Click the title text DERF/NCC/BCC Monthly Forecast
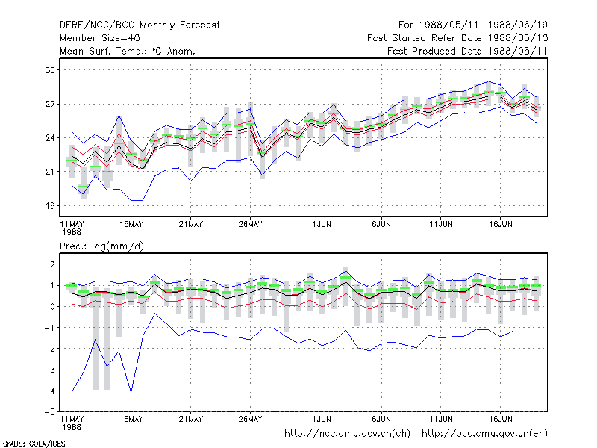(x=140, y=25)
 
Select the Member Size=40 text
(x=100, y=38)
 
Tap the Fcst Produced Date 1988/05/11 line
(x=467, y=51)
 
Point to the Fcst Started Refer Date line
(x=457, y=38)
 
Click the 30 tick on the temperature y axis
(x=50, y=70)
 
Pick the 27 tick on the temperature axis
(x=50, y=104)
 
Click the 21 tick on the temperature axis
(x=50, y=172)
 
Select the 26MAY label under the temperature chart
(x=250, y=225)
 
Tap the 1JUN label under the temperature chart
(x=322, y=225)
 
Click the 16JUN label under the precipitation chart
(x=500, y=419)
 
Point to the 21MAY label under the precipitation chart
(x=191, y=419)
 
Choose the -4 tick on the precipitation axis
(x=49, y=391)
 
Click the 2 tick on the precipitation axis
(x=52, y=264)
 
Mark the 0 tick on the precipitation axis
(x=52, y=307)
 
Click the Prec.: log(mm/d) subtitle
(x=101, y=246)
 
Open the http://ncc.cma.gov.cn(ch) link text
(x=347, y=434)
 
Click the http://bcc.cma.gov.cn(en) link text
(x=484, y=434)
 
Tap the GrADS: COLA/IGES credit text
(x=34, y=444)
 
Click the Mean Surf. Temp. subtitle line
(x=128, y=51)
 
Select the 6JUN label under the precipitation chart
(x=381, y=419)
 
